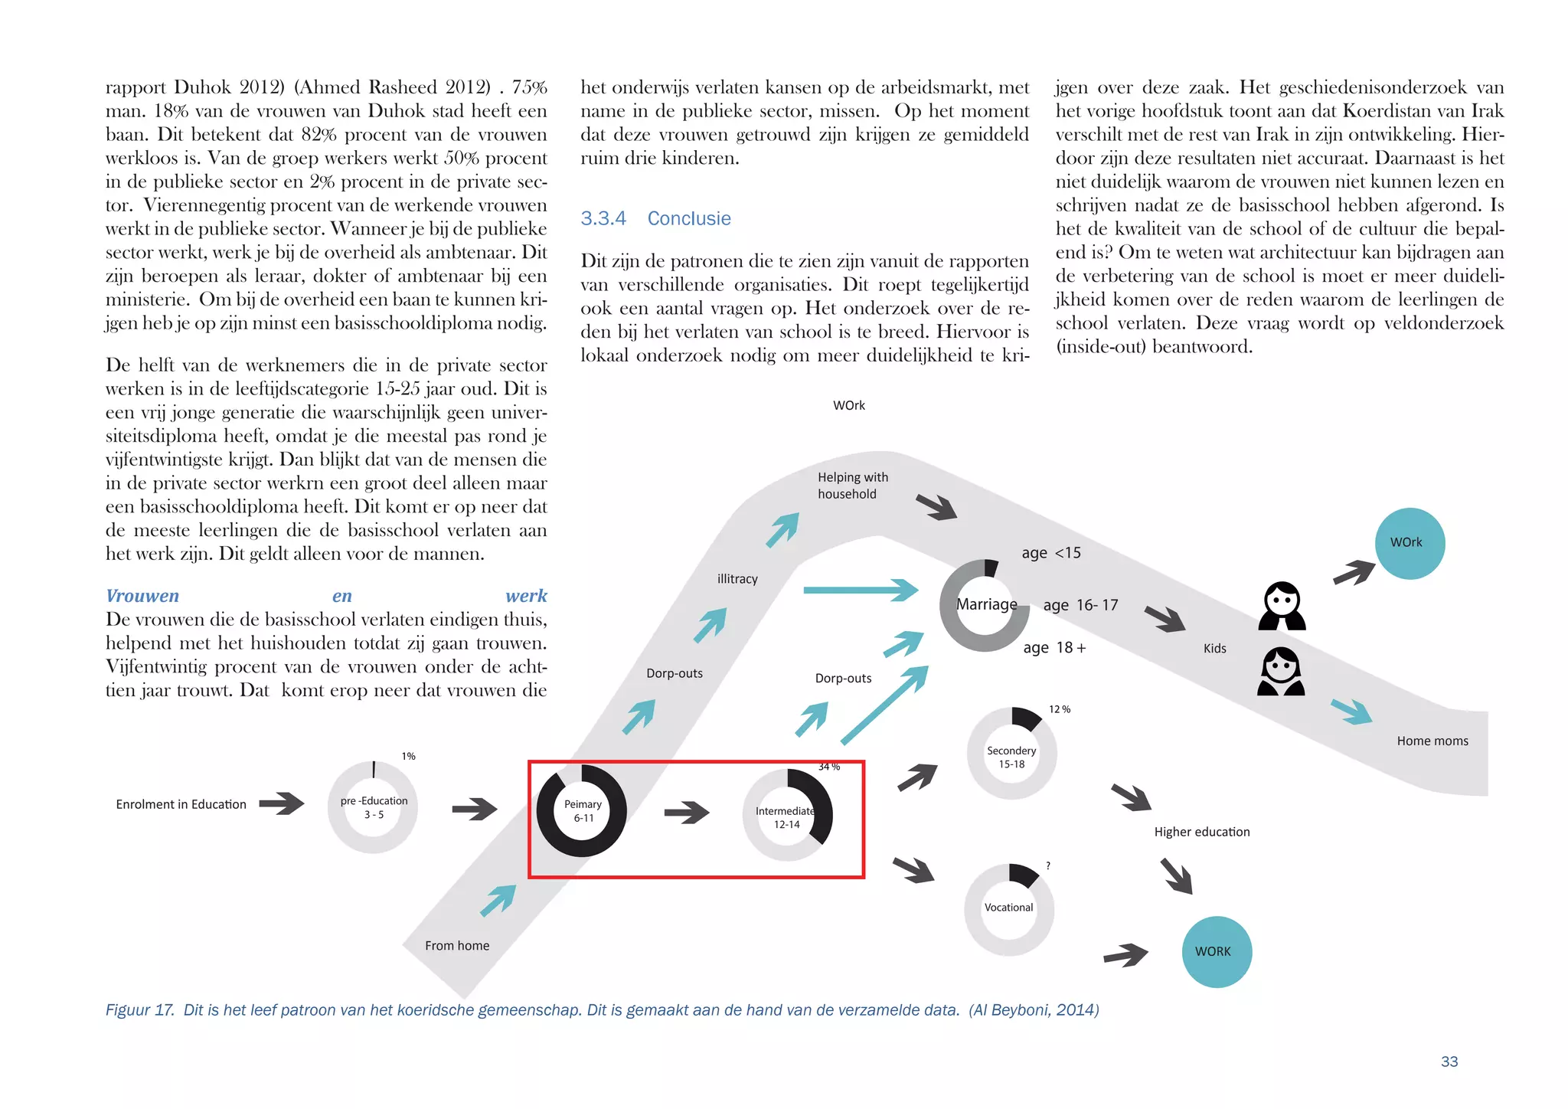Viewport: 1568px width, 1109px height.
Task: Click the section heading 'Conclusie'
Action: click(688, 218)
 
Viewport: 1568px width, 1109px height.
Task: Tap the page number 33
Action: click(1449, 1062)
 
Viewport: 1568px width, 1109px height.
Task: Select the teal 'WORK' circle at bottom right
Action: click(1217, 951)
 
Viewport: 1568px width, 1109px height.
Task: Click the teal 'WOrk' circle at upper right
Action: click(1410, 543)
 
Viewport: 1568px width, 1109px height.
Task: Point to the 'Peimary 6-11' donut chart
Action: click(582, 810)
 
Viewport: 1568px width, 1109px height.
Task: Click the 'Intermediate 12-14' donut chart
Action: click(787, 815)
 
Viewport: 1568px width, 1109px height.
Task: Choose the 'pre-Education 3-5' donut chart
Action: click(373, 807)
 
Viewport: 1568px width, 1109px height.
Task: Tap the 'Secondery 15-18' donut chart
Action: click(1011, 754)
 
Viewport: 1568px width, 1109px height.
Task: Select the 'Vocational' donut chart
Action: click(1009, 909)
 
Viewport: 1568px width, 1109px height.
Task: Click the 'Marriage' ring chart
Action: click(985, 605)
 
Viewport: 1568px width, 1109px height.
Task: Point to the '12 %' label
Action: click(1060, 709)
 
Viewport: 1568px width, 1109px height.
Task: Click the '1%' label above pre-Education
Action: click(409, 756)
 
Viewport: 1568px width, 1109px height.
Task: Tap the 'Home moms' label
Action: click(1432, 741)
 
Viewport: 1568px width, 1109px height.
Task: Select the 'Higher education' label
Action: click(1201, 832)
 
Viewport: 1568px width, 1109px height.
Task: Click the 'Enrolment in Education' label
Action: click(181, 804)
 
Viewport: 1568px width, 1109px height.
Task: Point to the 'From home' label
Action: click(457, 946)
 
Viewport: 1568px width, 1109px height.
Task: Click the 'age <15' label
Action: click(1051, 553)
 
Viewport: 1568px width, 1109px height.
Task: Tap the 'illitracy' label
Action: click(737, 579)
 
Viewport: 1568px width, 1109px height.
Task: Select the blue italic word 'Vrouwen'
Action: click(142, 596)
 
